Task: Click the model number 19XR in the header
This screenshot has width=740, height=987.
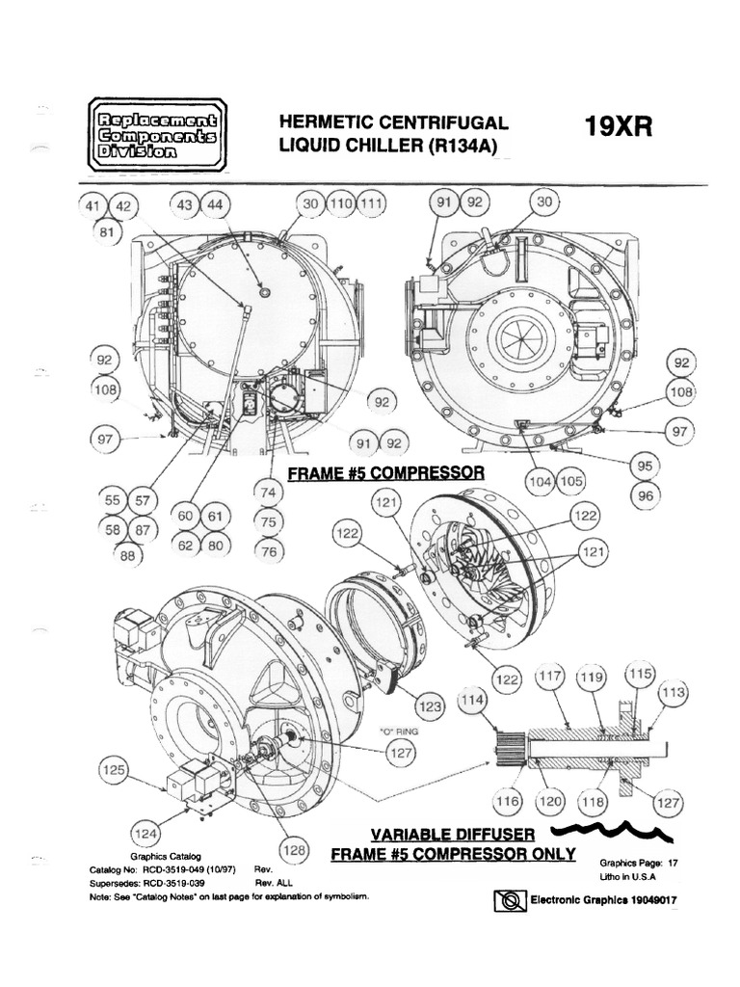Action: [618, 128]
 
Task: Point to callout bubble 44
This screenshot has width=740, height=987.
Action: [214, 204]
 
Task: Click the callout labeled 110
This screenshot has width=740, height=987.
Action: [340, 204]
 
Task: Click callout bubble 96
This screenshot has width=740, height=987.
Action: [644, 494]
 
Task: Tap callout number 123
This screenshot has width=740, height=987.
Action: [431, 707]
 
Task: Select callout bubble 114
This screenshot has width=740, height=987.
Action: [470, 704]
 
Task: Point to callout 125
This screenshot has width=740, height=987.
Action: [115, 771]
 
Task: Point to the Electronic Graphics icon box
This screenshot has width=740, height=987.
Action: [506, 901]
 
